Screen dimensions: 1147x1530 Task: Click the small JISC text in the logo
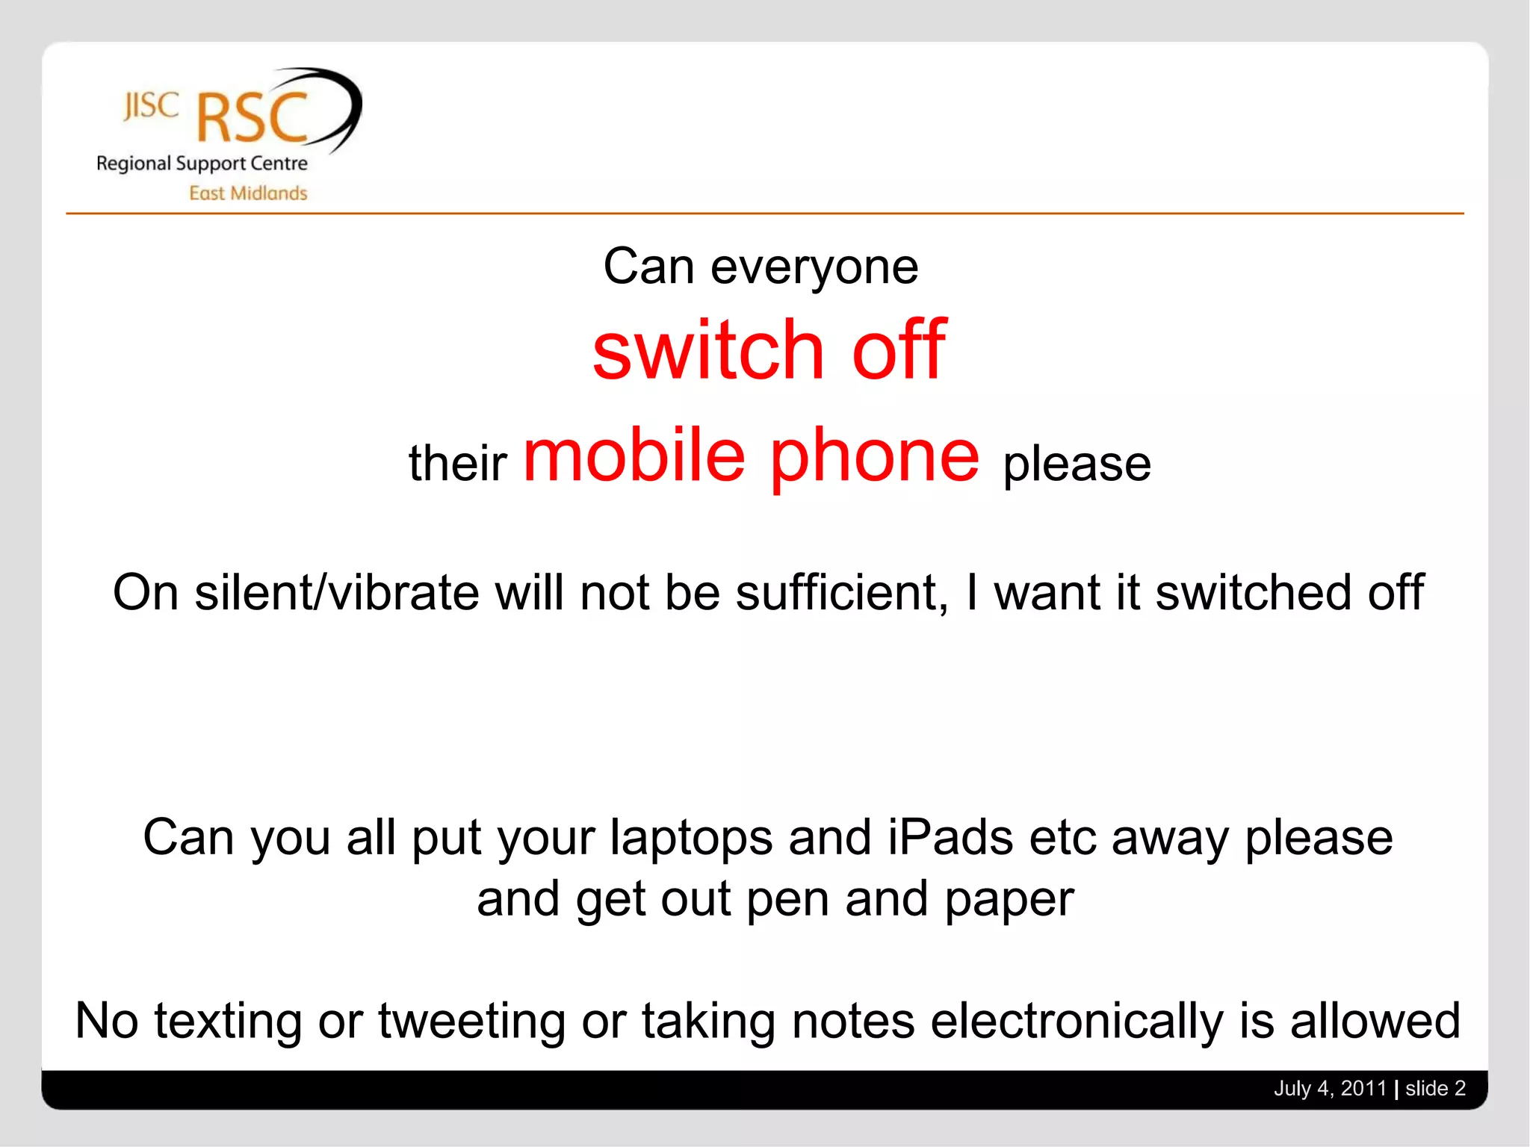click(151, 106)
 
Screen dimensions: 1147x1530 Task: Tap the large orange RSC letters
click(253, 118)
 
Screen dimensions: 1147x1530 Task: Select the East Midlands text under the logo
click(248, 193)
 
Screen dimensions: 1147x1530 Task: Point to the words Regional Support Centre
click(202, 164)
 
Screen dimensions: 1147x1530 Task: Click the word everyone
click(814, 267)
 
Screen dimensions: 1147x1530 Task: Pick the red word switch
click(707, 349)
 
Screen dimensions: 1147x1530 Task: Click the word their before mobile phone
click(457, 463)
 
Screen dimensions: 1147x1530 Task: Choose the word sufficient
click(842, 592)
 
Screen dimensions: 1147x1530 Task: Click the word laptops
click(691, 838)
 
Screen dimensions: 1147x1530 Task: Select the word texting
click(229, 1022)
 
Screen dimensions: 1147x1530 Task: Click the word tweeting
click(471, 1022)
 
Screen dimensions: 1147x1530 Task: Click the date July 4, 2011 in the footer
click(1330, 1088)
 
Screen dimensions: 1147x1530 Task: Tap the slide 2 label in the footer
click(1435, 1088)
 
